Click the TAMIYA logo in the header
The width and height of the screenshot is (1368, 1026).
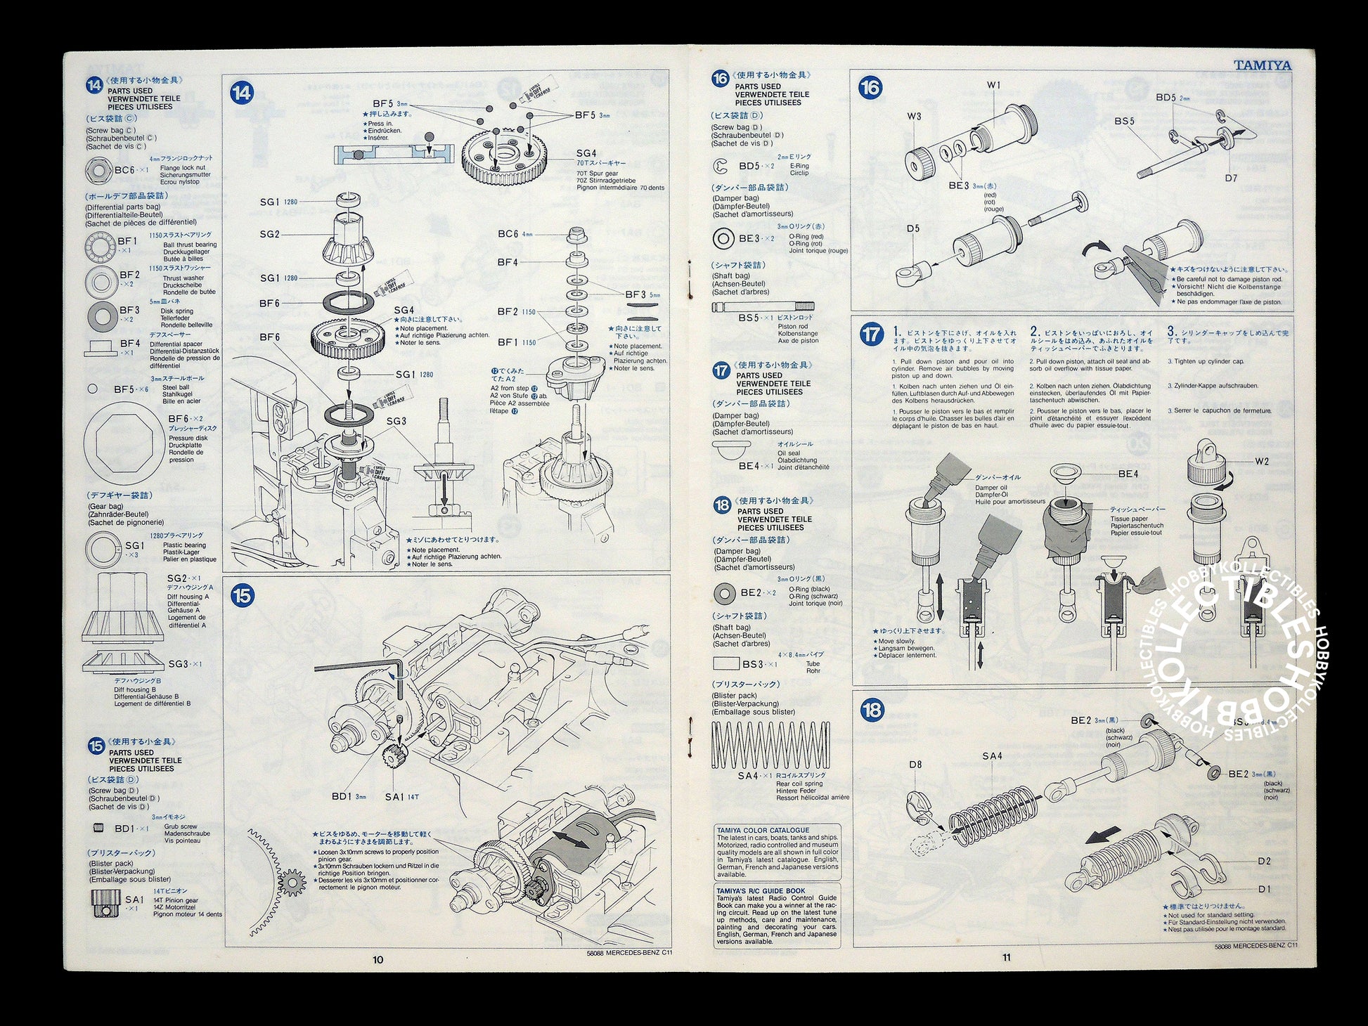[x=1262, y=66]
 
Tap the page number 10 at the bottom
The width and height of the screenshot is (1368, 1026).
[x=378, y=959]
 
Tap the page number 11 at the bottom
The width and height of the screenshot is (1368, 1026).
[x=1006, y=956]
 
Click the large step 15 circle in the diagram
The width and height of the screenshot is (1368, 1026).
[x=242, y=596]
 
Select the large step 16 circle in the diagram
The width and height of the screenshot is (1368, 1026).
[x=870, y=88]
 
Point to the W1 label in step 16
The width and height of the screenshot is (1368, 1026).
[x=993, y=85]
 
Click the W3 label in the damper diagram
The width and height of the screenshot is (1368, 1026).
[x=914, y=117]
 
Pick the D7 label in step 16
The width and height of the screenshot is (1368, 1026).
[x=1230, y=178]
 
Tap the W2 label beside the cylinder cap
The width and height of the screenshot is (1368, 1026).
[x=1262, y=461]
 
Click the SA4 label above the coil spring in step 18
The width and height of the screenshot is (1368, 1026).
[x=992, y=756]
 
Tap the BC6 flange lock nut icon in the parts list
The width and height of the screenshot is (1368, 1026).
[x=96, y=170]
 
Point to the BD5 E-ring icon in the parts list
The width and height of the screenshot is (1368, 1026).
[x=720, y=167]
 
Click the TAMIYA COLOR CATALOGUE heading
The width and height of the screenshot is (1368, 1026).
[x=763, y=830]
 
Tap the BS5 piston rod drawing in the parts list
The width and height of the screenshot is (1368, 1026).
[x=763, y=307]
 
